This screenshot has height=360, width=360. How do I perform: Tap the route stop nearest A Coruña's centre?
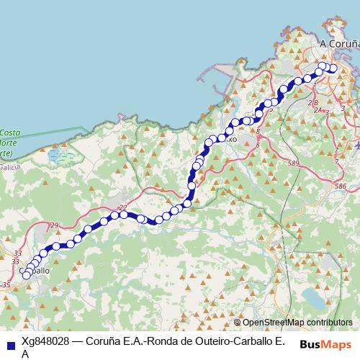pyautogui.click(x=333, y=69)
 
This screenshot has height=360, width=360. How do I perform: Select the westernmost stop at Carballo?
pyautogui.click(x=27, y=274)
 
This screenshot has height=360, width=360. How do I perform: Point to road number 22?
pyautogui.click(x=122, y=207)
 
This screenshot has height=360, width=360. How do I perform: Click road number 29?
pyautogui.click(x=55, y=226)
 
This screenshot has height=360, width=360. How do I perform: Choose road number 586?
pyautogui.click(x=340, y=186)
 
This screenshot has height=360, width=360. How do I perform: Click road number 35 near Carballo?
pyautogui.click(x=6, y=286)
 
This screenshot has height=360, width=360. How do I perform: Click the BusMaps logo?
pyautogui.click(x=326, y=344)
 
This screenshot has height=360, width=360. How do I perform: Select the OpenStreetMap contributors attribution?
pyautogui.click(x=297, y=323)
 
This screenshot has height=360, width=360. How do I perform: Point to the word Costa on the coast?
pyautogui.click(x=10, y=132)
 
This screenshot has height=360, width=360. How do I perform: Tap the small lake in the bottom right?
pyautogui.click(x=315, y=297)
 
